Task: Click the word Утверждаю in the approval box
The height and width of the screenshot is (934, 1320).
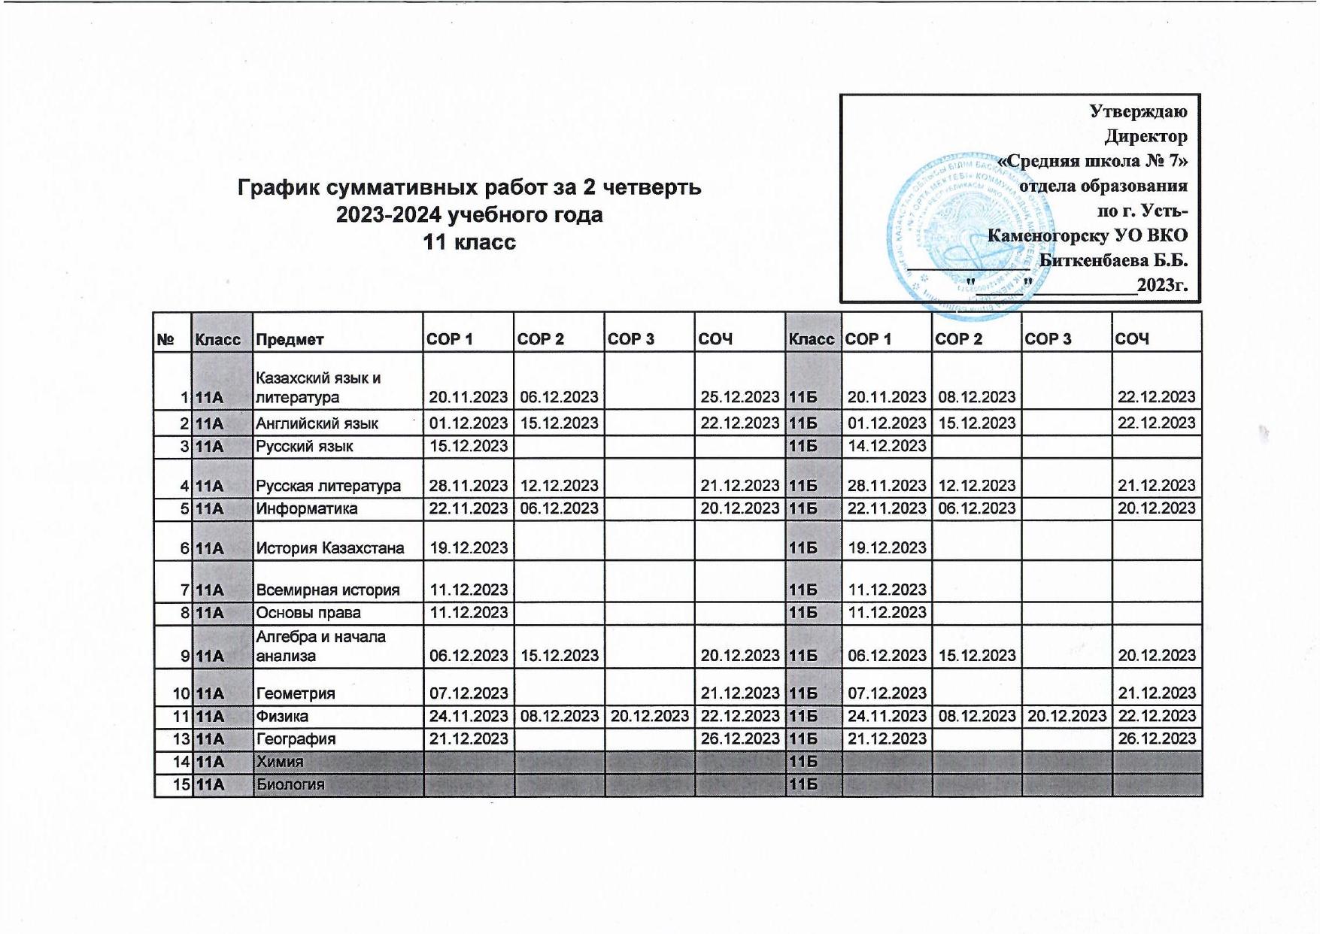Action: tap(1138, 112)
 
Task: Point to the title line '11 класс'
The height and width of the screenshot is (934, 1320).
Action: tap(469, 242)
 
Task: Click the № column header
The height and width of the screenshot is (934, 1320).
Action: tap(165, 339)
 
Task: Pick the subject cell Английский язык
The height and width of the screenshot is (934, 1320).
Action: tap(317, 423)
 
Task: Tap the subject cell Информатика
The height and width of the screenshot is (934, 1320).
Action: tap(306, 509)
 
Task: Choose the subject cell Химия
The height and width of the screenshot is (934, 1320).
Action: tap(279, 762)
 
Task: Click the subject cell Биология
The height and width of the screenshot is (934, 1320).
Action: tap(290, 785)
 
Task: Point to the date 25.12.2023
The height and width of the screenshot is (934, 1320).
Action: tap(739, 397)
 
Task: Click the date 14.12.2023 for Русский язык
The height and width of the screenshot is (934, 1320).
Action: tap(887, 446)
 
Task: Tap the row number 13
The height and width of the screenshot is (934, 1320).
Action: tap(181, 739)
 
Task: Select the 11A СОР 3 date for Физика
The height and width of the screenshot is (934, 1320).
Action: tap(649, 716)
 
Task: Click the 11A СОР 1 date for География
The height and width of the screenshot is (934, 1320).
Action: tap(469, 739)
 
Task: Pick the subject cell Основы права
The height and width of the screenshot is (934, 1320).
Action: tap(308, 613)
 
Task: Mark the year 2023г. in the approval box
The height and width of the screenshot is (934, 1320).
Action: tap(1161, 285)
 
